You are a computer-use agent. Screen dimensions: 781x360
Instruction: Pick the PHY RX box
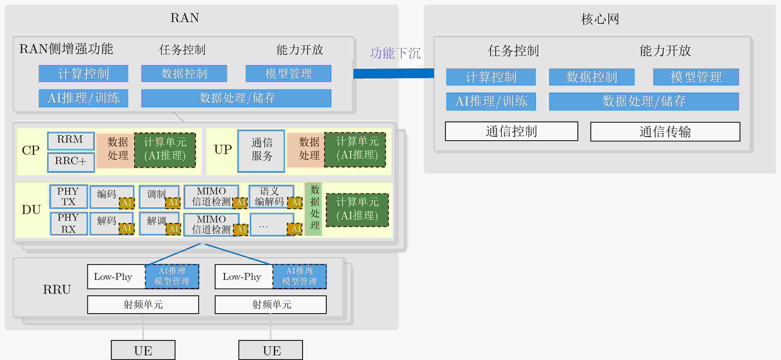(68, 224)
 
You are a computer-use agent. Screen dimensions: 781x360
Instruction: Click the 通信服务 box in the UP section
(261, 151)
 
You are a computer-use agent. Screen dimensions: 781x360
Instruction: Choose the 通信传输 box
(665, 132)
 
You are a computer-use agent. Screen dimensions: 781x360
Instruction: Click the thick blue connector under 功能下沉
(394, 73)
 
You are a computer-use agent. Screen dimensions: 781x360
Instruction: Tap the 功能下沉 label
(395, 53)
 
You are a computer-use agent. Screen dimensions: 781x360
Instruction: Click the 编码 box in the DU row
(112, 197)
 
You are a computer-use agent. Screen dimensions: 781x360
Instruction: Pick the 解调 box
(159, 224)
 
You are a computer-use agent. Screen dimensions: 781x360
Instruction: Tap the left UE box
(143, 350)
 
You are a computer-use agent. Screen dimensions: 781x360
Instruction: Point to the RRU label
(57, 289)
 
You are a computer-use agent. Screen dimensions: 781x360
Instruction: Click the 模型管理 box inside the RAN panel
(288, 73)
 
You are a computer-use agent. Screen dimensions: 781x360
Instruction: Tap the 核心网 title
(600, 19)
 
